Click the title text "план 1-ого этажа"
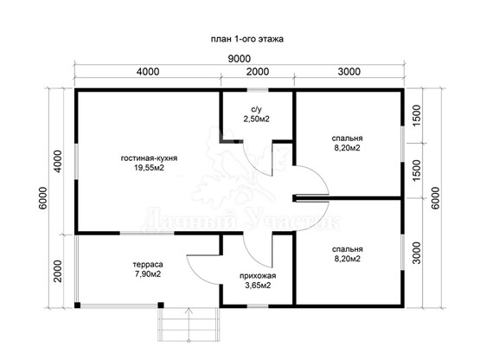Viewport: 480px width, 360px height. click(x=247, y=39)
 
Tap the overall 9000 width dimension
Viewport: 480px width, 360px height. click(x=239, y=59)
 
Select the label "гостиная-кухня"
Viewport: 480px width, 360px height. click(x=149, y=158)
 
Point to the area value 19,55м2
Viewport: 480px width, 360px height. click(x=149, y=168)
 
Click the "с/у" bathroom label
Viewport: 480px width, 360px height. click(x=257, y=109)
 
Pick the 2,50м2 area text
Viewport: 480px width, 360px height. click(x=257, y=119)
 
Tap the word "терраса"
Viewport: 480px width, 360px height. click(x=148, y=265)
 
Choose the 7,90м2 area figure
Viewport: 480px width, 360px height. click(x=148, y=274)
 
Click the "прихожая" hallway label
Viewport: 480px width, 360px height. click(x=258, y=276)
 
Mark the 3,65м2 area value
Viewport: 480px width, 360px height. click(x=258, y=286)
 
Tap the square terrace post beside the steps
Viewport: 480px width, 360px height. click(x=161, y=305)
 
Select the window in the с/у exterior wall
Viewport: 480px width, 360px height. click(x=258, y=90)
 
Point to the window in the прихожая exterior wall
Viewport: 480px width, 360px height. click(x=258, y=305)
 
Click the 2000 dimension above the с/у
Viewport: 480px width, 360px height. click(x=258, y=72)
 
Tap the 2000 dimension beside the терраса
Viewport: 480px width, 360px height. click(x=58, y=271)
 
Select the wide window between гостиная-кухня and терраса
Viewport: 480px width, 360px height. click(x=147, y=234)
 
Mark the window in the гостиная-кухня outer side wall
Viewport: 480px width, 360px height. click(x=76, y=162)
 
